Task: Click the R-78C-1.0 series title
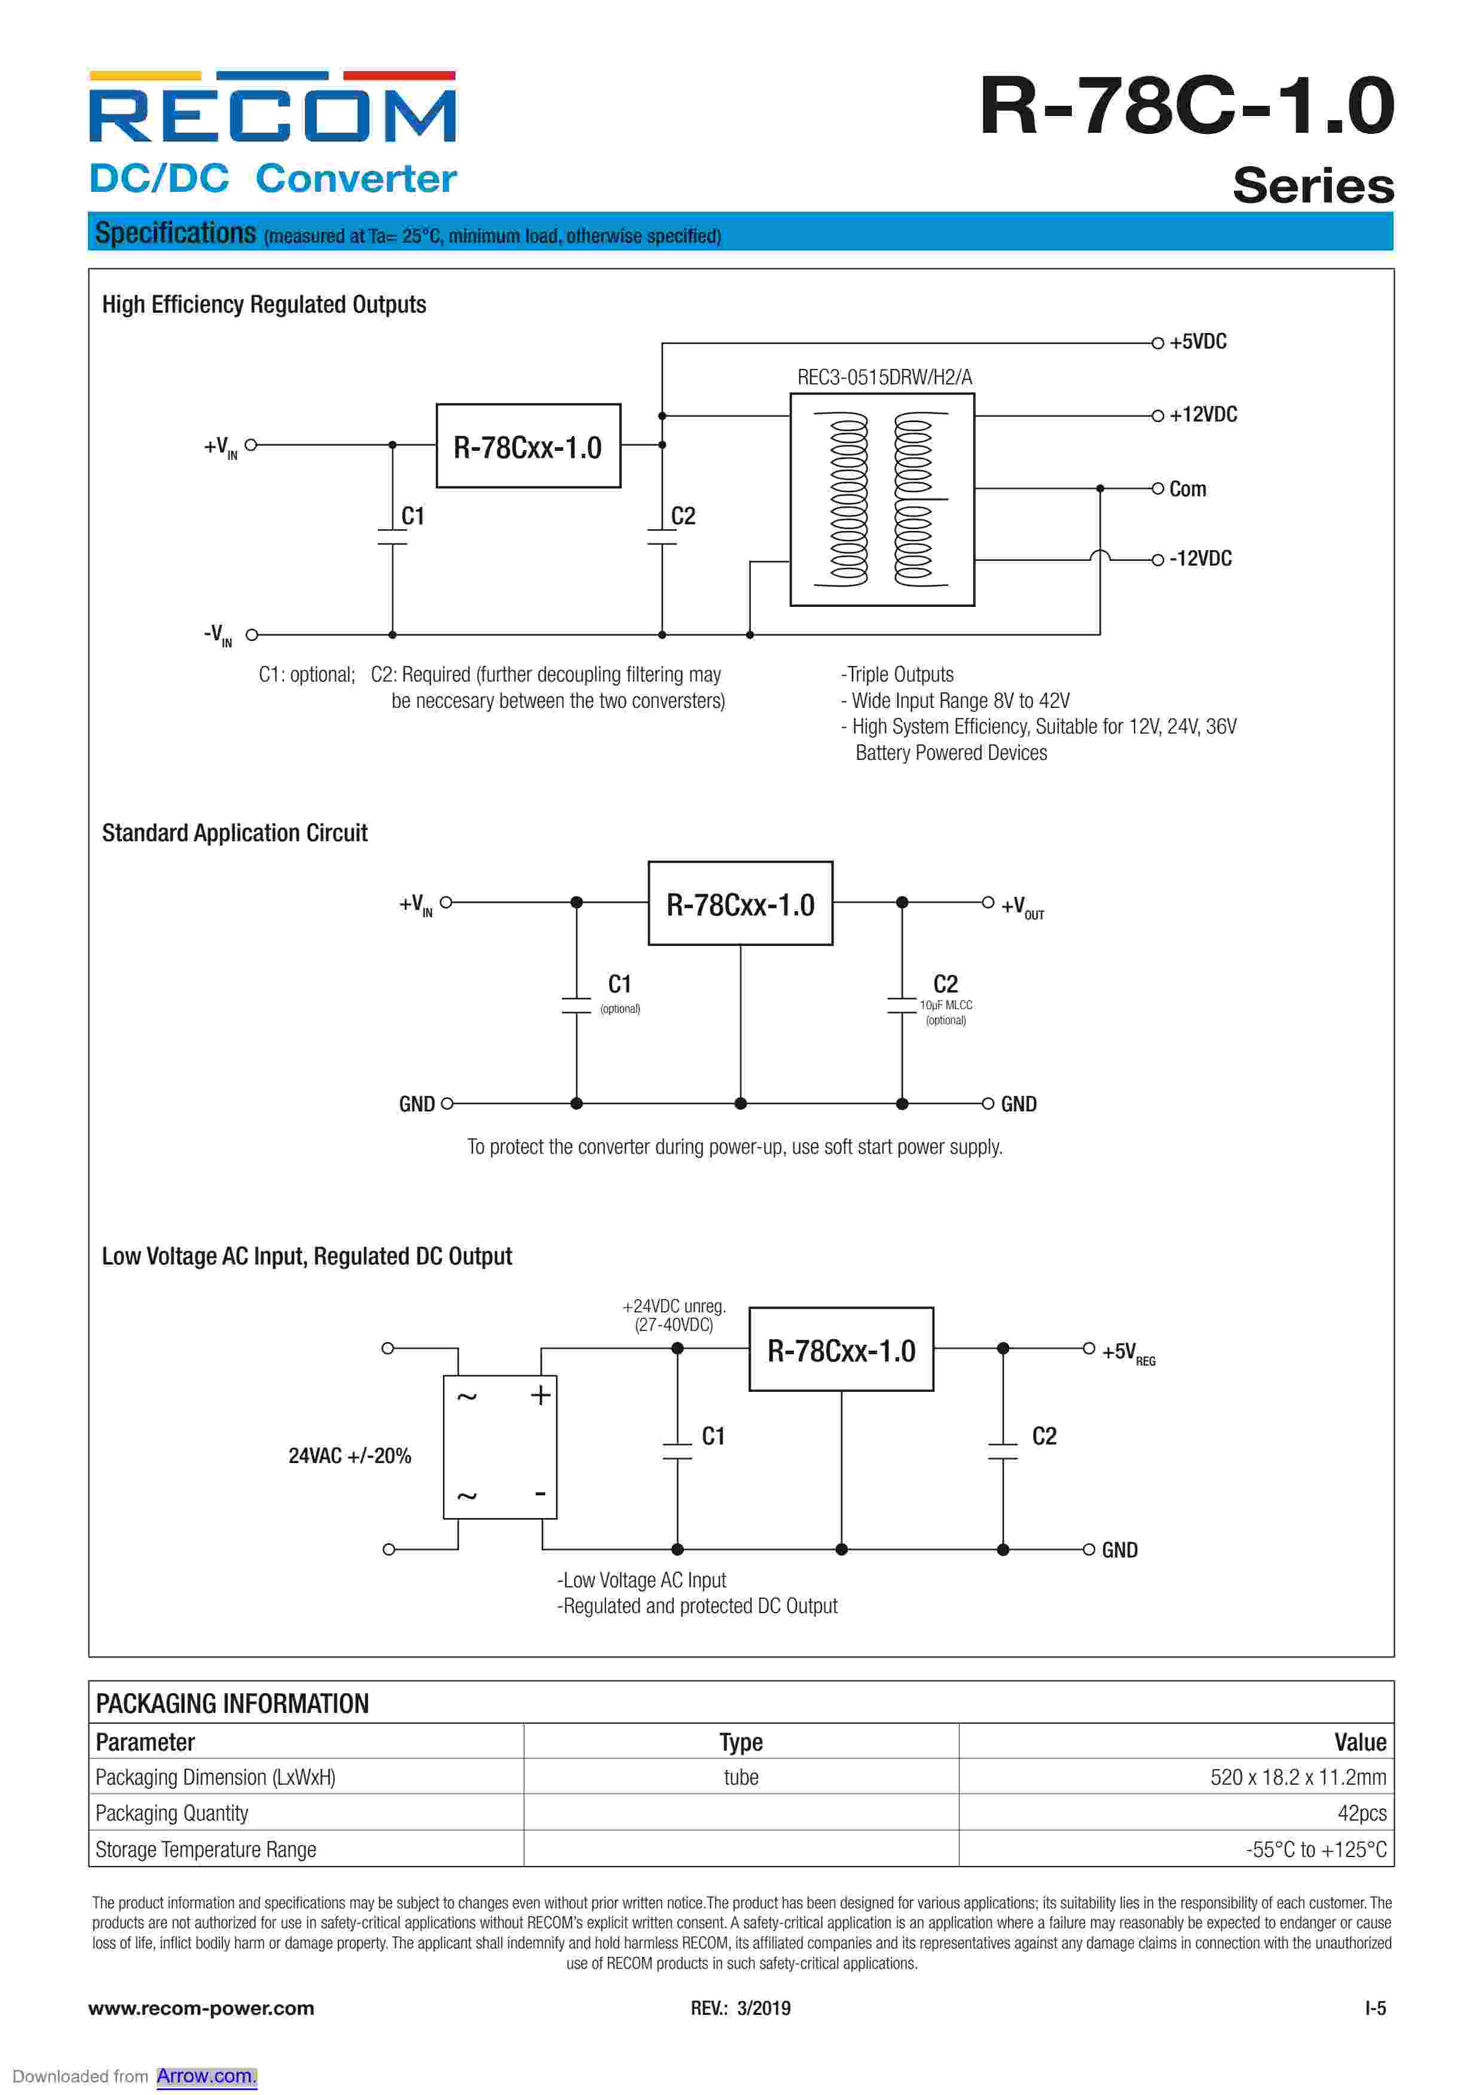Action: [x=1185, y=108]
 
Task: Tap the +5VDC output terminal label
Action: [x=1197, y=342]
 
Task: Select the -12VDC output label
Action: [x=1200, y=558]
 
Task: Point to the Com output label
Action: [x=1187, y=489]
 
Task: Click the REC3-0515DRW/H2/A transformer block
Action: [x=882, y=499]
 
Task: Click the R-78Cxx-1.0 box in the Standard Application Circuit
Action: [x=740, y=903]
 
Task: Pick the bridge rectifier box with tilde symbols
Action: [x=499, y=1447]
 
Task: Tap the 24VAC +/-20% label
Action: [x=350, y=1455]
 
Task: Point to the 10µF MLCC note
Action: [x=945, y=1004]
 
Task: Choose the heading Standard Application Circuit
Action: [x=234, y=833]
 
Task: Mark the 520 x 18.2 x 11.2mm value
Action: [x=1297, y=1778]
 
